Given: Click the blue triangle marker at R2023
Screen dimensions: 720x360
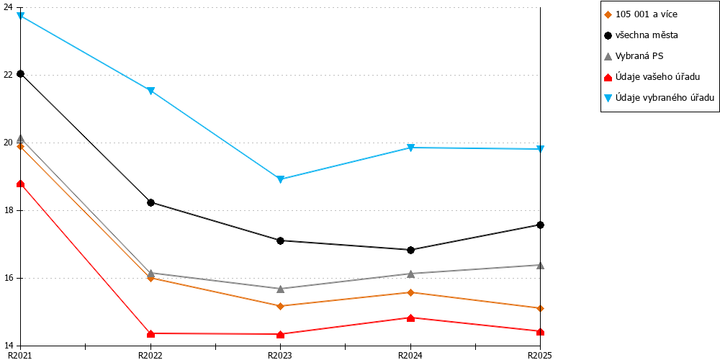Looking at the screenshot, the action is [x=281, y=179].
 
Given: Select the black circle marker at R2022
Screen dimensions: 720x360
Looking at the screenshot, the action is [x=150, y=202].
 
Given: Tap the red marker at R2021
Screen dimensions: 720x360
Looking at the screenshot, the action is [x=21, y=184].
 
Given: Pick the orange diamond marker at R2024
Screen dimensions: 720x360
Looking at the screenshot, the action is [x=410, y=292].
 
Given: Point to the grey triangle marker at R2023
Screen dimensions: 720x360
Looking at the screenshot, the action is [x=281, y=289].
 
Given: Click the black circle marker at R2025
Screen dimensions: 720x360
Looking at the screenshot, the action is [x=541, y=225].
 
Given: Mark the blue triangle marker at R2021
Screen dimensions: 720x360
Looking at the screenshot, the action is [x=21, y=16].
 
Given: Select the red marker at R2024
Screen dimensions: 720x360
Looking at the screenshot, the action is [x=410, y=318].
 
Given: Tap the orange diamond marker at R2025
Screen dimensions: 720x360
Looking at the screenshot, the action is [x=541, y=308].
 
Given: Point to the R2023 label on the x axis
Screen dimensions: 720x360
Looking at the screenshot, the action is [x=280, y=355].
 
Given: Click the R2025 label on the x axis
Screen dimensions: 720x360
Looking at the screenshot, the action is [x=540, y=355].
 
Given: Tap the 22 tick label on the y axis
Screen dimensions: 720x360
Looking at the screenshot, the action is [x=9, y=76].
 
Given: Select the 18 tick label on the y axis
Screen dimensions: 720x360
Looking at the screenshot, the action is [x=9, y=211].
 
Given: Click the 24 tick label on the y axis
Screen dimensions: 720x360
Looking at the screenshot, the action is [x=9, y=8].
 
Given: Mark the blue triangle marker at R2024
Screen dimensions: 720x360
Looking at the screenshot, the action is [x=410, y=148].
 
